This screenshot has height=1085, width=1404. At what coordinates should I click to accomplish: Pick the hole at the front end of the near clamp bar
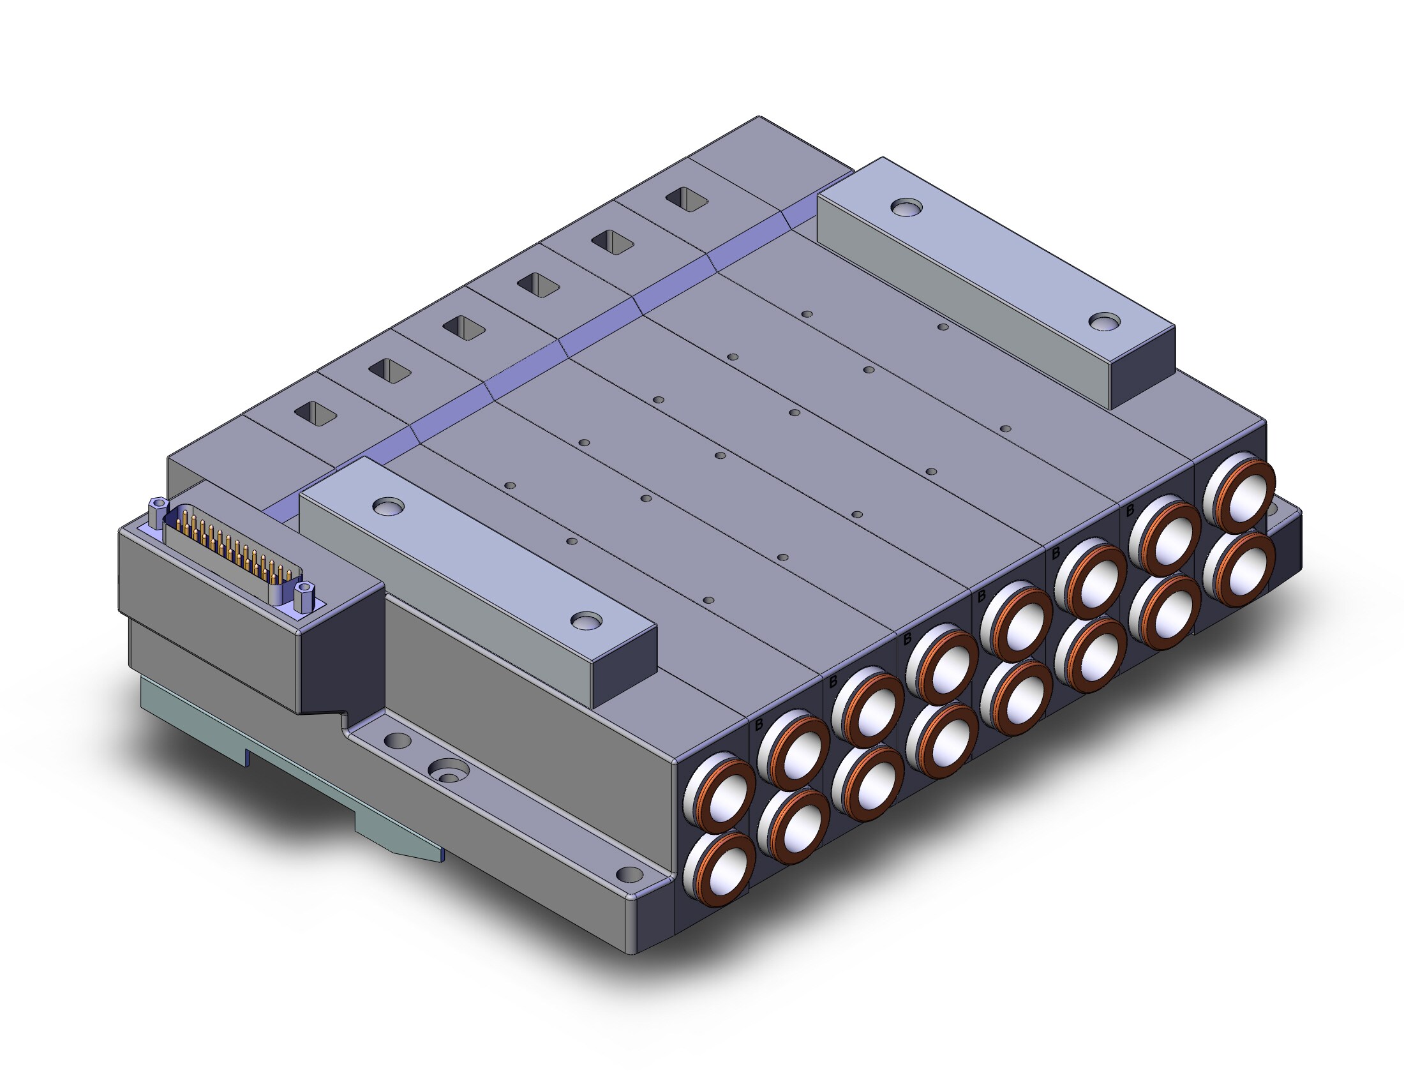(586, 620)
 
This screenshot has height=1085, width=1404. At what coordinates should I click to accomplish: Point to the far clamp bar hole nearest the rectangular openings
(906, 207)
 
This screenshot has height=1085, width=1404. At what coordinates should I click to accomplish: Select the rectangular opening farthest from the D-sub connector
(687, 199)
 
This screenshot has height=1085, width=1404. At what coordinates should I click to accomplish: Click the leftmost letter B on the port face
(759, 724)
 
